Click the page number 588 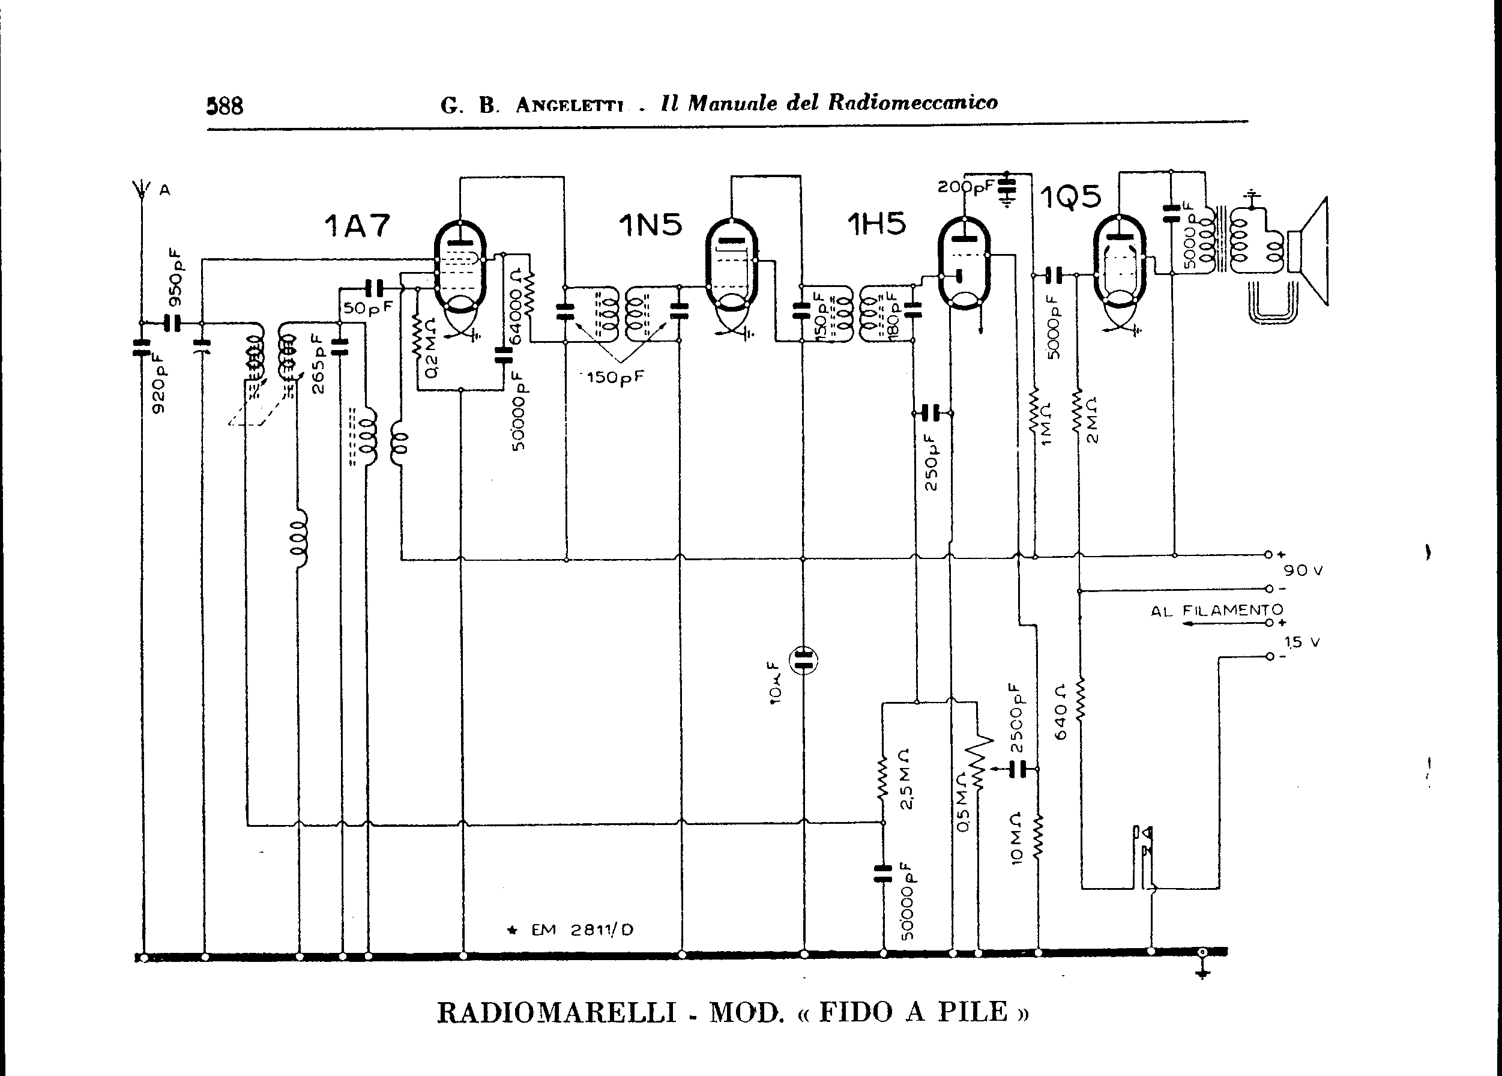pyautogui.click(x=225, y=105)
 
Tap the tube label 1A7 pyautogui.click(x=357, y=226)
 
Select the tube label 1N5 pyautogui.click(x=650, y=225)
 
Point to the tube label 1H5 pyautogui.click(x=876, y=225)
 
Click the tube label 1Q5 pyautogui.click(x=1070, y=197)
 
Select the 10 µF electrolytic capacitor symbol pyautogui.click(x=803, y=660)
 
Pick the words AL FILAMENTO pyautogui.click(x=1217, y=610)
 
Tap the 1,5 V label pyautogui.click(x=1302, y=642)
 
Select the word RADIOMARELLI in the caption pyautogui.click(x=556, y=1012)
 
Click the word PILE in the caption pyautogui.click(x=971, y=1012)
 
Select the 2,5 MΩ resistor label pyautogui.click(x=905, y=779)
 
